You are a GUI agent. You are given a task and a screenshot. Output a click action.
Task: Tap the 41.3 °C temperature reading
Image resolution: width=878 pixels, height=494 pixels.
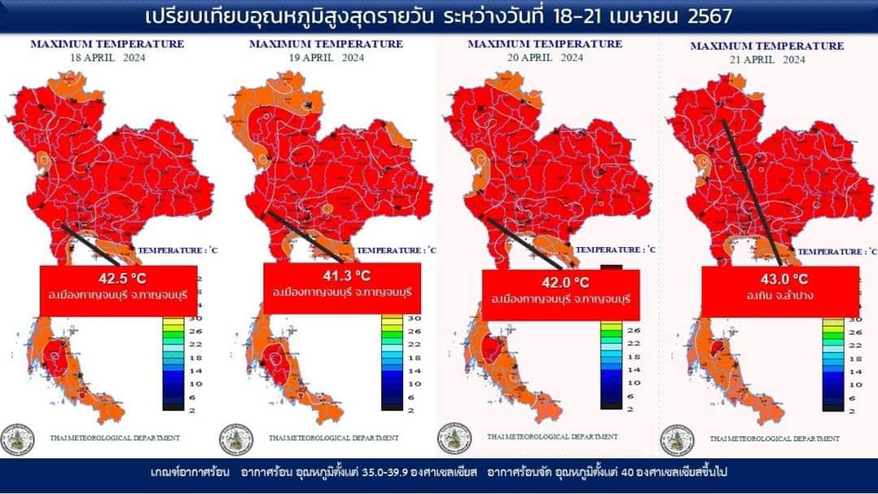(x=342, y=275)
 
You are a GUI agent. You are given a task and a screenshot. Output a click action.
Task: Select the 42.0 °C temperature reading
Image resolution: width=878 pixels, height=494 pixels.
(x=560, y=283)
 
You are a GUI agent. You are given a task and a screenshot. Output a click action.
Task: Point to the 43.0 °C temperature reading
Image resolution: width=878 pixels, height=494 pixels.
(x=778, y=279)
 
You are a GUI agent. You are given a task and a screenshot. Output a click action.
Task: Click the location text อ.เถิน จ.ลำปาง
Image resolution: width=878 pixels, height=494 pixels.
(x=778, y=296)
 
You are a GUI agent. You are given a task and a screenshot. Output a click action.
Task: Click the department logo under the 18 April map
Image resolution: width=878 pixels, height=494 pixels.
(x=17, y=440)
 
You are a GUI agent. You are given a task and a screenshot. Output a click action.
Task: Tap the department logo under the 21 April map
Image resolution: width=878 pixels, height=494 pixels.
(x=677, y=440)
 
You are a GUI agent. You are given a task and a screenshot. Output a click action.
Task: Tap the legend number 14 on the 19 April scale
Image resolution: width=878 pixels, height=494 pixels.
(x=414, y=370)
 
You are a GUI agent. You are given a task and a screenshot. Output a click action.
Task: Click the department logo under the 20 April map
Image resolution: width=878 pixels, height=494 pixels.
(x=454, y=438)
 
